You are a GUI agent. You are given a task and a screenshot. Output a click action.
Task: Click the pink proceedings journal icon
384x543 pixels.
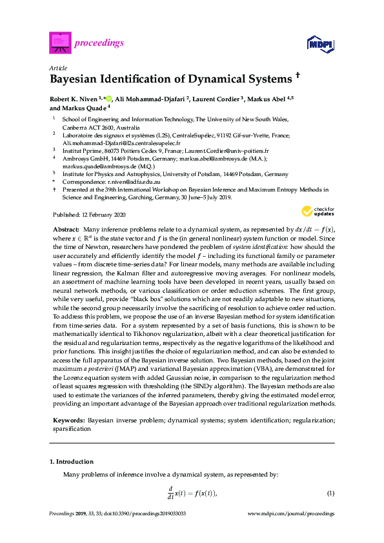(x=59, y=43)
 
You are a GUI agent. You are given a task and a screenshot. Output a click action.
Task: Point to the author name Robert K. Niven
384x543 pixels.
(x=73, y=99)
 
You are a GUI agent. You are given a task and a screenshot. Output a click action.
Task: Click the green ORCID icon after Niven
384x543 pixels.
(x=108, y=99)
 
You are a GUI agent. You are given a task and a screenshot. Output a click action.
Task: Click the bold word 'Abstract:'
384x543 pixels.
(x=66, y=230)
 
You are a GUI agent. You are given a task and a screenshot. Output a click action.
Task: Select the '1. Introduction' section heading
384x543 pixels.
(x=72, y=462)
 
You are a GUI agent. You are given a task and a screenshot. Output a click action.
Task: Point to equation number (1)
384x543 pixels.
(x=330, y=493)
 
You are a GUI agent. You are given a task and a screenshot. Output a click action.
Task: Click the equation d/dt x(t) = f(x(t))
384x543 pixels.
(x=192, y=493)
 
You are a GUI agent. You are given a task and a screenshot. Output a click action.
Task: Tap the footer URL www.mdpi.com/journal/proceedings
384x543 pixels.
(x=291, y=532)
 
